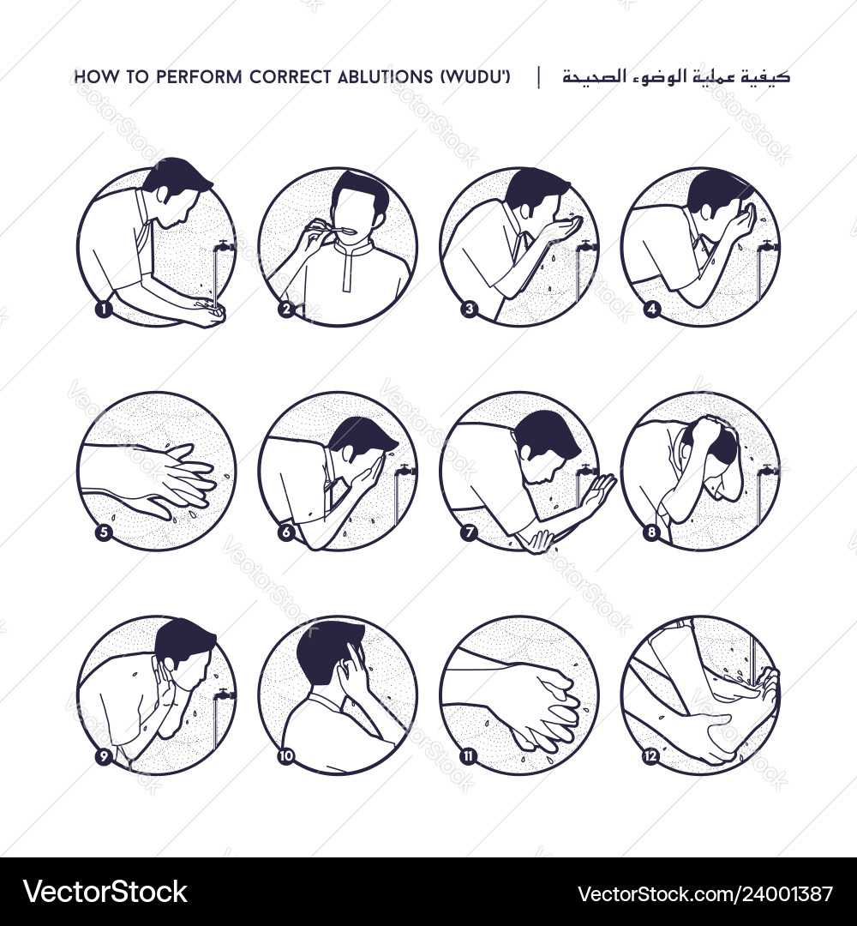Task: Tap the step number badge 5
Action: pos(104,532)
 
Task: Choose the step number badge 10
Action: pos(286,757)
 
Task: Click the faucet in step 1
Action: pos(225,246)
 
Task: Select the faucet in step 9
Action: pos(224,694)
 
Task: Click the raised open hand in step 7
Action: pos(596,491)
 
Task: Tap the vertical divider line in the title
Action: pos(539,77)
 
